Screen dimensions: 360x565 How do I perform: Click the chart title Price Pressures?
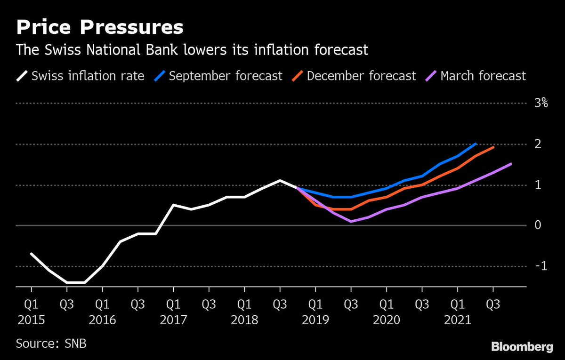tap(100, 27)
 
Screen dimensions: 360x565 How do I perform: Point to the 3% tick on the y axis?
tap(541, 104)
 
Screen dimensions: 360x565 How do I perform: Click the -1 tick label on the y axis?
tap(541, 266)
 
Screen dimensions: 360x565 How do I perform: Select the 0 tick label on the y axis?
tap(537, 225)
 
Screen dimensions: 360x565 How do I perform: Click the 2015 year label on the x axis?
tap(31, 320)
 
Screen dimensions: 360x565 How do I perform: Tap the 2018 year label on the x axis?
tap(244, 320)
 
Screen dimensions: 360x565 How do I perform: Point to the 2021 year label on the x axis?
tap(458, 320)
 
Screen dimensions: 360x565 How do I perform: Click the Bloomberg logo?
tap(522, 347)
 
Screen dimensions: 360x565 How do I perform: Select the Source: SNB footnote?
tap(51, 343)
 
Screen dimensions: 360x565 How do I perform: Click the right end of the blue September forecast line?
tap(476, 144)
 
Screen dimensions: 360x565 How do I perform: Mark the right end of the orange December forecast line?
tap(493, 147)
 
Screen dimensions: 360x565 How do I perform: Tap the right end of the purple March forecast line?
tap(511, 164)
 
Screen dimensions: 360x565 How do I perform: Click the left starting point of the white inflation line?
tap(31, 254)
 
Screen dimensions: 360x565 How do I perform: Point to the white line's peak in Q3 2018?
tap(280, 180)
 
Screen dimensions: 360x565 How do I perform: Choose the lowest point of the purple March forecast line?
tap(351, 221)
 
